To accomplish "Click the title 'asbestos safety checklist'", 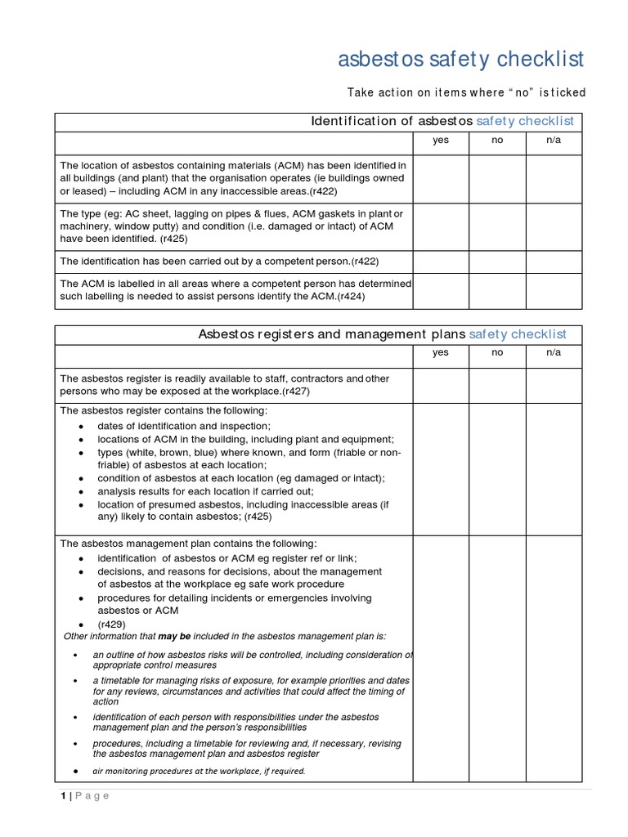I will [x=461, y=60].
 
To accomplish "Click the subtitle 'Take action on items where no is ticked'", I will [x=466, y=92].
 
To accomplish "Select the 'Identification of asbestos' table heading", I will [x=442, y=122].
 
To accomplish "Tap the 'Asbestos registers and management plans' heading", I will [x=382, y=334].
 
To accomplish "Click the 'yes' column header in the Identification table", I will [x=441, y=141].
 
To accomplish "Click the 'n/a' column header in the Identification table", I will [x=554, y=141].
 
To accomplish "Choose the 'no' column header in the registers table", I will [x=496, y=353].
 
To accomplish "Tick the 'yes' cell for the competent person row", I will [x=441, y=262].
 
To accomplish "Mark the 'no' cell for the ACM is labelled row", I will [x=496, y=291].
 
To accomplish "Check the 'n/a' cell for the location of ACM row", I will [x=554, y=179].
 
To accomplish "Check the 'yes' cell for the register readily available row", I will [x=441, y=385].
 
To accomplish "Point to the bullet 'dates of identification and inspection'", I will [x=183, y=427].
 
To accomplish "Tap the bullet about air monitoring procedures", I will [x=199, y=771].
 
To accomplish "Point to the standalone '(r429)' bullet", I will [x=111, y=624].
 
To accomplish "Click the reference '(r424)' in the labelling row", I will [x=351, y=297].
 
